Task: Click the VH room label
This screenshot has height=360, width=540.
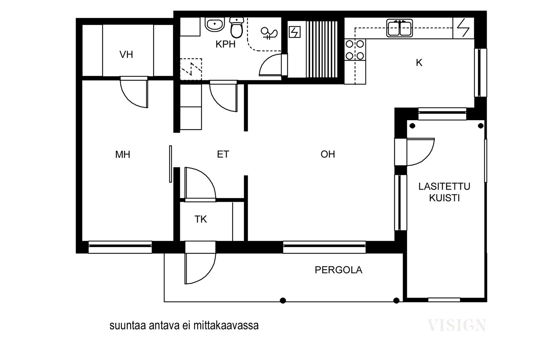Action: tap(126, 55)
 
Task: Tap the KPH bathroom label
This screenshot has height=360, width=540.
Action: tap(225, 44)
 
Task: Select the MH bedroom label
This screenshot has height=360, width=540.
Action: tap(123, 155)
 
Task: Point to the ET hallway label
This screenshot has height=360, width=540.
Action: tap(223, 154)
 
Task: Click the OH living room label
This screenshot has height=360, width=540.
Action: tap(328, 154)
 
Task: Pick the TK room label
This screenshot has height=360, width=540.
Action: tap(200, 219)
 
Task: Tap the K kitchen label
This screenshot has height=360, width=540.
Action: tap(419, 63)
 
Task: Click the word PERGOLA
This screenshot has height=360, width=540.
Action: tap(339, 270)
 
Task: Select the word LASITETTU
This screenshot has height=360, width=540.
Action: tap(444, 187)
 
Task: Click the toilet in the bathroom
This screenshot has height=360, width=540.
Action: tap(237, 27)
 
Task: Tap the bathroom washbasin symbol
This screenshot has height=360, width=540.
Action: tap(215, 24)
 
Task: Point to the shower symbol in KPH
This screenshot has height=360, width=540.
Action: tap(269, 33)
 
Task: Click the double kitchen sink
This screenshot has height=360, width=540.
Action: tap(400, 28)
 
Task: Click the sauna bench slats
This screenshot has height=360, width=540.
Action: tap(322, 49)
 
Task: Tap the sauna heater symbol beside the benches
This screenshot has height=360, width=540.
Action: tap(294, 32)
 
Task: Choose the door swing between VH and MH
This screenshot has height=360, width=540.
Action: tap(134, 92)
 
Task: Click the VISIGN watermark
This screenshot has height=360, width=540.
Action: tap(456, 325)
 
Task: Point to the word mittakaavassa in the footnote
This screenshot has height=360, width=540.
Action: tap(226, 326)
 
